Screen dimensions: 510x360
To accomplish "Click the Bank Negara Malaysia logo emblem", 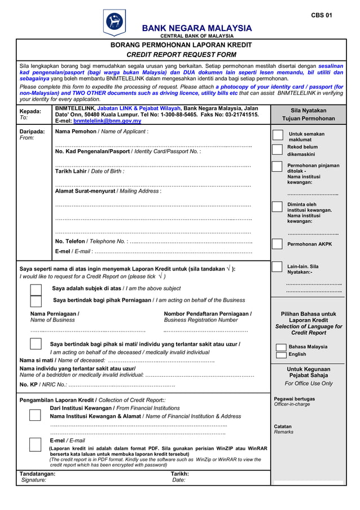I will pyautogui.click(x=115, y=24).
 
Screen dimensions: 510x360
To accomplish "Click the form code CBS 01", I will pyautogui.click(x=321, y=15).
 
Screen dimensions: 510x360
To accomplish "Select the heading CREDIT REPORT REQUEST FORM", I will pyautogui.click(x=181, y=55).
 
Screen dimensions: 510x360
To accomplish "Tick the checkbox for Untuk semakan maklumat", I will pyautogui.click(x=277, y=134).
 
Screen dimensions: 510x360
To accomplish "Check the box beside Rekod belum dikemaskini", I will pyautogui.click(x=277, y=149).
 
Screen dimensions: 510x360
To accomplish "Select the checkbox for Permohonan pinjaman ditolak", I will pyautogui.click(x=277, y=167).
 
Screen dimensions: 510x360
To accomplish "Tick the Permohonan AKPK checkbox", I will pyautogui.click(x=277, y=244).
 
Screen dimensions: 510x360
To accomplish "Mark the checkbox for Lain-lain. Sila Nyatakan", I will pyautogui.click(x=277, y=267).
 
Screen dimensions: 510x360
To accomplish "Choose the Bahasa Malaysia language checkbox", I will pyautogui.click(x=281, y=347).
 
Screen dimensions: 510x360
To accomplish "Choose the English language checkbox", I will pyautogui.click(x=281, y=355).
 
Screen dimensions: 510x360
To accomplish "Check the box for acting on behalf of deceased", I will pyautogui.click(x=36, y=344).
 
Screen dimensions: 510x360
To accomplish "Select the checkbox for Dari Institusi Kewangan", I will pyautogui.click(x=35, y=415).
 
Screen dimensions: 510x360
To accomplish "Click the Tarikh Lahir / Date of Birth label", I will pyautogui.click(x=89, y=171).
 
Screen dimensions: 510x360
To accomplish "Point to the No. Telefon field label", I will pyautogui.click(x=90, y=241).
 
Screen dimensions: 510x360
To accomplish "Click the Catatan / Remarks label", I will pyautogui.click(x=283, y=429).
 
